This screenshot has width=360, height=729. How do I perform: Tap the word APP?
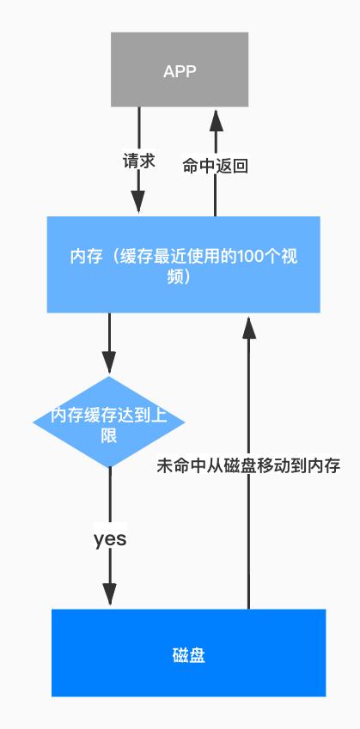[x=180, y=70]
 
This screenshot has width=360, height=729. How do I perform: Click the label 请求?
[x=138, y=161]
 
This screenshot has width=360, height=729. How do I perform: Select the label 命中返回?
[x=216, y=166]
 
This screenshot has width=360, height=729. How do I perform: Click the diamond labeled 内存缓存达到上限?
[x=109, y=422]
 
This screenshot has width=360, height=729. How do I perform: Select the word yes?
[x=110, y=538]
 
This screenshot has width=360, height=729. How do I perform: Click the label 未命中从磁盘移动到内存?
[x=249, y=466]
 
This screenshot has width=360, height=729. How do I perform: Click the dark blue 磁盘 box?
[x=188, y=653]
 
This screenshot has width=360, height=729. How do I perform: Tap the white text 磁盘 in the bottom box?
[x=188, y=656]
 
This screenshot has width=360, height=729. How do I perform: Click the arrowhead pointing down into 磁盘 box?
[x=110, y=594]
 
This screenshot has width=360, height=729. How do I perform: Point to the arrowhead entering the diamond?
[x=109, y=362]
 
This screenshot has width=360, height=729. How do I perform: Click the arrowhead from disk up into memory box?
[x=248, y=325]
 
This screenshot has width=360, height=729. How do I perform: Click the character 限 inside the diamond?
[x=109, y=435]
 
